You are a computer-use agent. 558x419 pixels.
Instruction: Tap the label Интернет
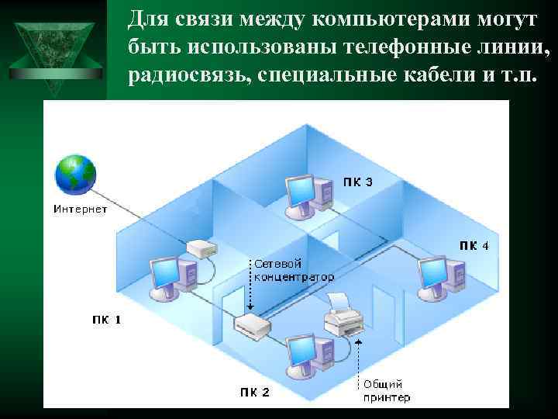tap(80, 208)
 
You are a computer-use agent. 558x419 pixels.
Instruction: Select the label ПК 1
tap(106, 319)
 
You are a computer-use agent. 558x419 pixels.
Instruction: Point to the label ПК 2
tap(254, 392)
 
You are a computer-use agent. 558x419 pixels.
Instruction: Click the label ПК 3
tap(358, 183)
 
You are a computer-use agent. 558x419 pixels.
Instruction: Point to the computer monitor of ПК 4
tap(432, 272)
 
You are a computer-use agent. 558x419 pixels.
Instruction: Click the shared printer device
tap(342, 314)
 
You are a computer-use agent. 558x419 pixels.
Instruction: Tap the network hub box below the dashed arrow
tap(251, 326)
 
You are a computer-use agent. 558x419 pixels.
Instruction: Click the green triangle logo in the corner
tap(53, 44)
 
